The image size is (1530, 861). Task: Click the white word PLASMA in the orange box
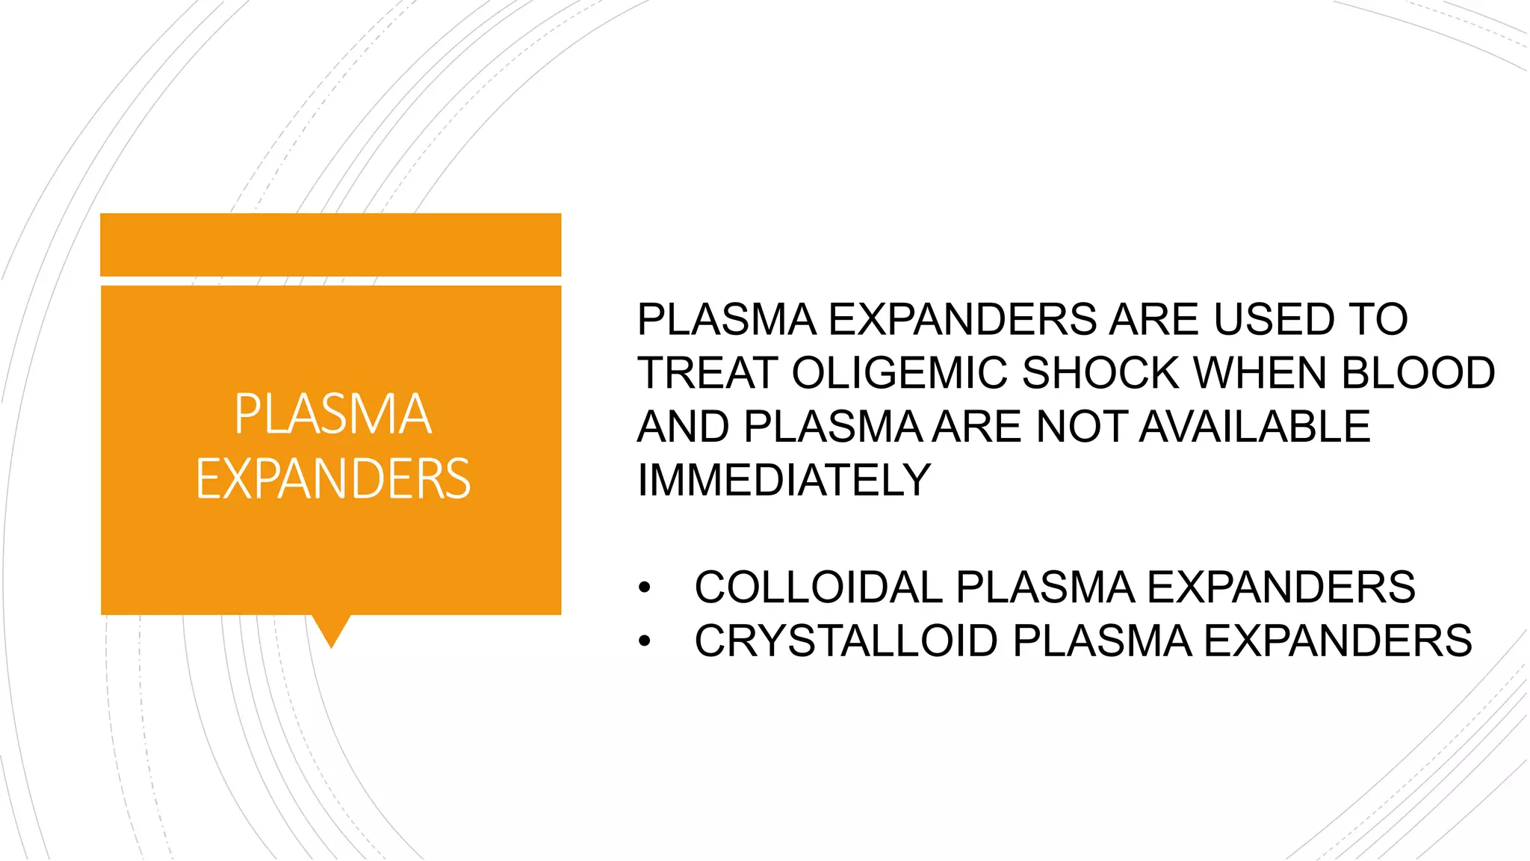point(333,414)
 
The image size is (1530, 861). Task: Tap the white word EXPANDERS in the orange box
point(333,479)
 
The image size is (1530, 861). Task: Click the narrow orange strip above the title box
point(330,245)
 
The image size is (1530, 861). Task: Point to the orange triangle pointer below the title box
point(331,629)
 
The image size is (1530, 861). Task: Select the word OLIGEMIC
point(899,373)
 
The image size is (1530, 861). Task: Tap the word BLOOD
point(1418,373)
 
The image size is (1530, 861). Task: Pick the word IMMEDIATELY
point(784,480)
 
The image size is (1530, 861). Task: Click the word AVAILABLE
point(1255,427)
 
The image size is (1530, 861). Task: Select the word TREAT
point(707,373)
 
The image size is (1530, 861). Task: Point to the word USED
point(1273,320)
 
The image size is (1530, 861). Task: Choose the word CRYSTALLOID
point(846,641)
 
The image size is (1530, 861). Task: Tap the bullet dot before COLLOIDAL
point(645,588)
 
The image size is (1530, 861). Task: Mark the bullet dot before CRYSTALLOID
point(645,641)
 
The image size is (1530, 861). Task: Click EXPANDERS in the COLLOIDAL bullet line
point(1280,587)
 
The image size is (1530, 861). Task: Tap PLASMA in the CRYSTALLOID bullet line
point(1102,641)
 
